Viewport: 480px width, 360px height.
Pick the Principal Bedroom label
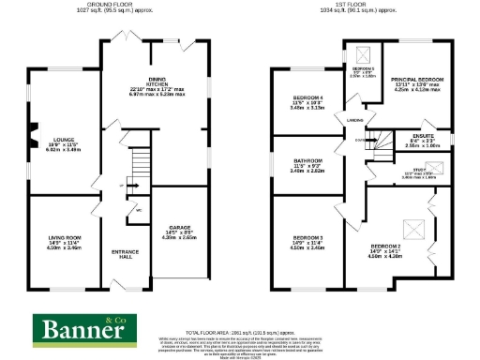pyautogui.click(x=416, y=81)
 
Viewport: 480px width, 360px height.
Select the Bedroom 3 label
pyautogui.click(x=307, y=238)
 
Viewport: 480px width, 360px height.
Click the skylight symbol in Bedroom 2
pyautogui.click(x=410, y=227)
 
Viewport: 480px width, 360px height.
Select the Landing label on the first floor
pyautogui.click(x=354, y=120)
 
